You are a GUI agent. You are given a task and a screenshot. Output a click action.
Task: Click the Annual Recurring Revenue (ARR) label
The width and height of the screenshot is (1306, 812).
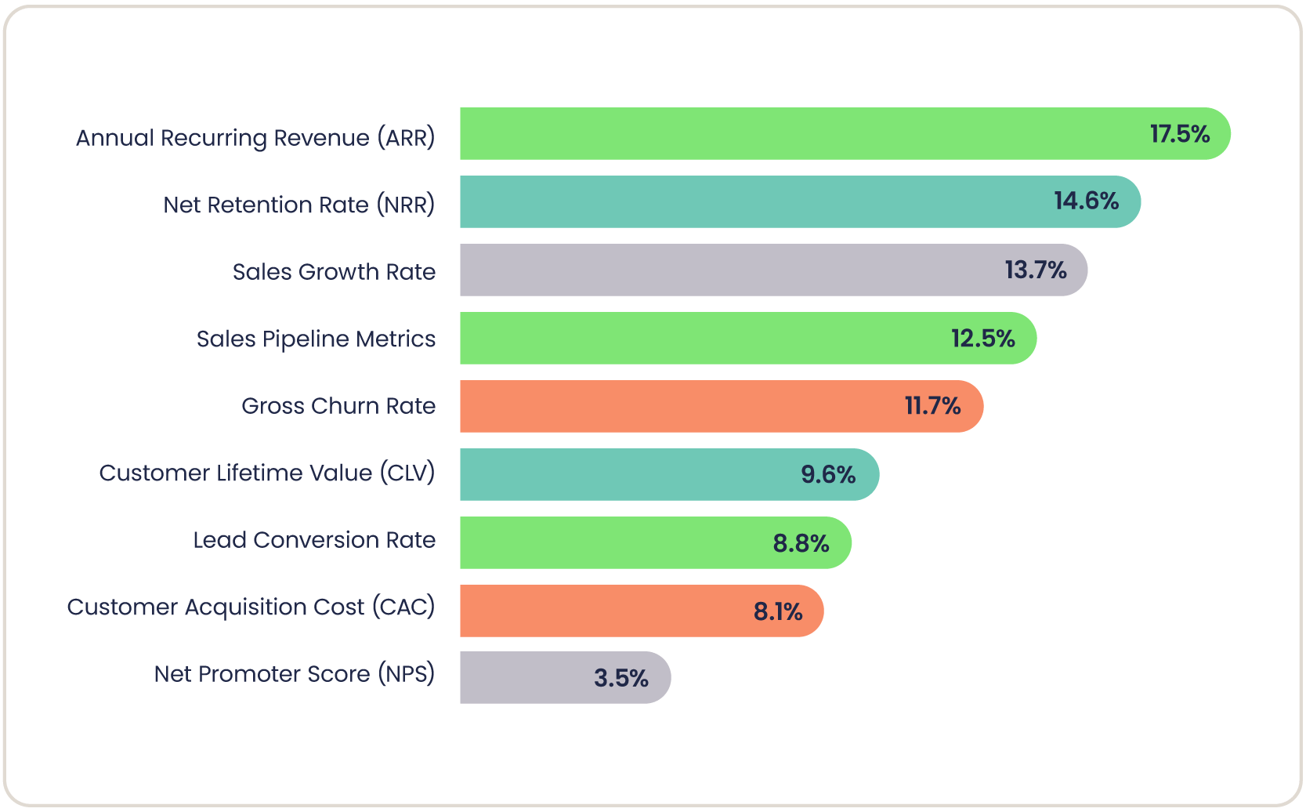(x=255, y=138)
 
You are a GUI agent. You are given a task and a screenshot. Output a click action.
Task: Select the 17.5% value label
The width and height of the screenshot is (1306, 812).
(x=1179, y=134)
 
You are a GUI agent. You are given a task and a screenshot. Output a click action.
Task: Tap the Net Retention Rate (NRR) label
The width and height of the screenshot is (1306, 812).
(x=298, y=205)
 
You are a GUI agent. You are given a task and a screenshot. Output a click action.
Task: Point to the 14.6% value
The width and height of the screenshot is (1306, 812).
(x=1086, y=201)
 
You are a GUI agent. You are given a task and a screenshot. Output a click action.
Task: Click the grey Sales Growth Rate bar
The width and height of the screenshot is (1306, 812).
(x=729, y=270)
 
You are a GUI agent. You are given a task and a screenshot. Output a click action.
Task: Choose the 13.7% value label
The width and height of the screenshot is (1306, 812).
(x=1035, y=270)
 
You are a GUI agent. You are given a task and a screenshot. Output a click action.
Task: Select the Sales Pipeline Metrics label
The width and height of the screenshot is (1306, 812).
(x=316, y=339)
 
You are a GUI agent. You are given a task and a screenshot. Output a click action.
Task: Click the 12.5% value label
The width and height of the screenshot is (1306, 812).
(x=982, y=339)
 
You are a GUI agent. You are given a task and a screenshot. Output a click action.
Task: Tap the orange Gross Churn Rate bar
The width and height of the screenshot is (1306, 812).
(x=682, y=406)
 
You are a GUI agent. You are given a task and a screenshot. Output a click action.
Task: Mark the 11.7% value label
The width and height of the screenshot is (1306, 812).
(x=932, y=406)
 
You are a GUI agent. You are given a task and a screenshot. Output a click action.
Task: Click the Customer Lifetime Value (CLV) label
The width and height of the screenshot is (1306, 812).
(x=266, y=473)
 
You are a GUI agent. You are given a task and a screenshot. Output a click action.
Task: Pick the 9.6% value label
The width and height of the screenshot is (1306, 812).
(x=828, y=474)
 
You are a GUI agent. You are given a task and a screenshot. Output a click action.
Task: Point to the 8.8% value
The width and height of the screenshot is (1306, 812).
(x=801, y=543)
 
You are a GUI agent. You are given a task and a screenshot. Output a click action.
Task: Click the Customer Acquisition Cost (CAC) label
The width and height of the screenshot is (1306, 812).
(x=251, y=607)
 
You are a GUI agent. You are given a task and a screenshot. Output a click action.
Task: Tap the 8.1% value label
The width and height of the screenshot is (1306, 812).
(x=778, y=611)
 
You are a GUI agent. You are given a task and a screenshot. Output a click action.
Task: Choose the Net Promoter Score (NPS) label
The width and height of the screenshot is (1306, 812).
(x=294, y=674)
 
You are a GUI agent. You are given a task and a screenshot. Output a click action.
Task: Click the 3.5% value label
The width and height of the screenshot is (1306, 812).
(x=620, y=678)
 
